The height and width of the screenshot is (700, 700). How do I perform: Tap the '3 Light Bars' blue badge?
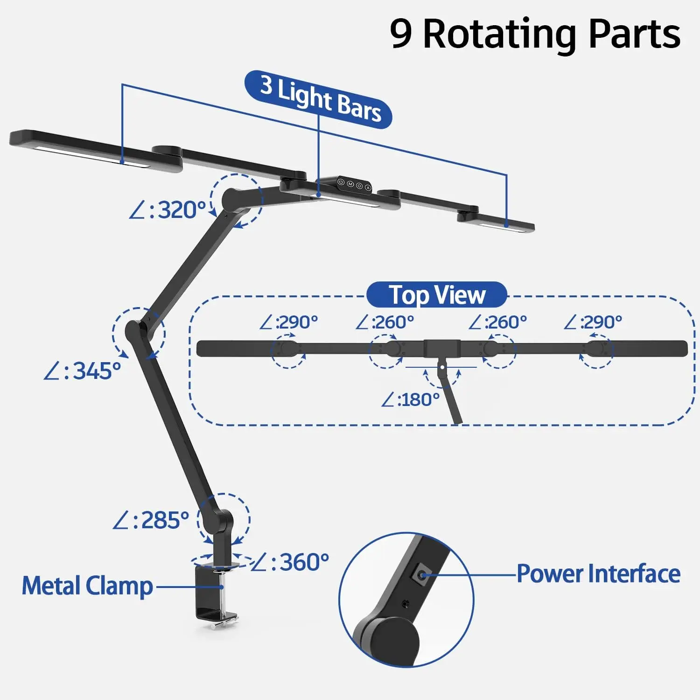point(318,99)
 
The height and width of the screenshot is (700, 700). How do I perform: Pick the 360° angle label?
point(290,562)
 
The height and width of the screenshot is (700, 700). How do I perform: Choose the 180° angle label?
point(411,400)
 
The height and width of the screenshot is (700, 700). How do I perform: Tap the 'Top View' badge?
point(437,295)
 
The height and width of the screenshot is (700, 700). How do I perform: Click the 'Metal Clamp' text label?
point(87,586)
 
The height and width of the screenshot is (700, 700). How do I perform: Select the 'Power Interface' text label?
point(598,574)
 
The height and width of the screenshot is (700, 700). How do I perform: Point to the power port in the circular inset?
point(422,574)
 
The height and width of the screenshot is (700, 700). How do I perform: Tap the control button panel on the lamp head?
point(354,184)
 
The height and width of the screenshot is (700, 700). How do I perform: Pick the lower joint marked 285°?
point(222,519)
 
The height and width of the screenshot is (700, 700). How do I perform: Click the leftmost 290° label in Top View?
point(289,322)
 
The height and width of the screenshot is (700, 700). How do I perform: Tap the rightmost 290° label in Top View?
point(593,322)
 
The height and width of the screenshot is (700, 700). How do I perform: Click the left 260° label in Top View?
point(385,322)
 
